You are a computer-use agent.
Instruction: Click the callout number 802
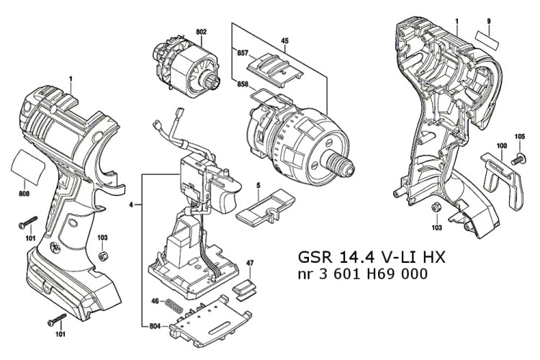(201, 31)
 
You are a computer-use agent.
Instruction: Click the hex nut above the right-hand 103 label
(436, 208)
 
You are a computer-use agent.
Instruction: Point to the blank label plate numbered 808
(29, 168)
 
